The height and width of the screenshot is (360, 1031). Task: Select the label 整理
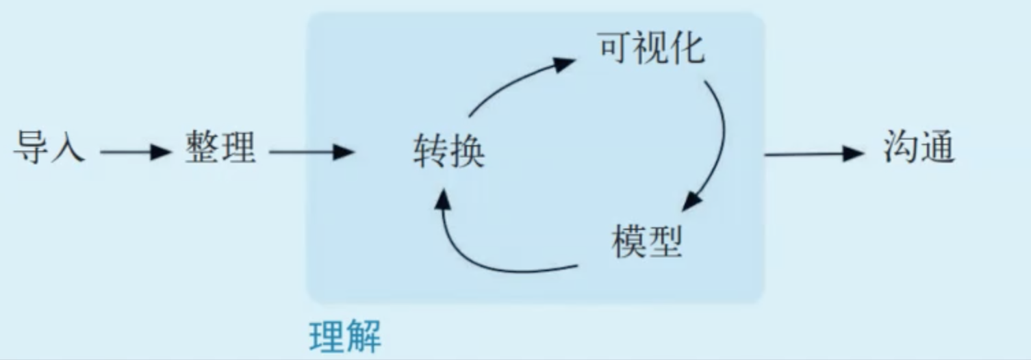[220, 148]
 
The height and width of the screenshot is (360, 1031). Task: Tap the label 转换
[449, 151]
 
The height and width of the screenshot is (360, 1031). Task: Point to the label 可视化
[651, 48]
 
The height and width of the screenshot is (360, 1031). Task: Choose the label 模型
[647, 240]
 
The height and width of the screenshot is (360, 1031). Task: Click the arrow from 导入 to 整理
[134, 151]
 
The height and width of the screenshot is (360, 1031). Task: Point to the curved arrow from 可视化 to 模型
[719, 137]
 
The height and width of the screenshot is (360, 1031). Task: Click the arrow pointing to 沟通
[815, 154]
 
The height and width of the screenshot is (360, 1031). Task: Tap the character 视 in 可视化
[651, 48]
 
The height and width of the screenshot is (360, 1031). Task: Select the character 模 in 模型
[629, 240]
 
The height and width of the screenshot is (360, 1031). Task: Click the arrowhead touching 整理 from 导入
[160, 151]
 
